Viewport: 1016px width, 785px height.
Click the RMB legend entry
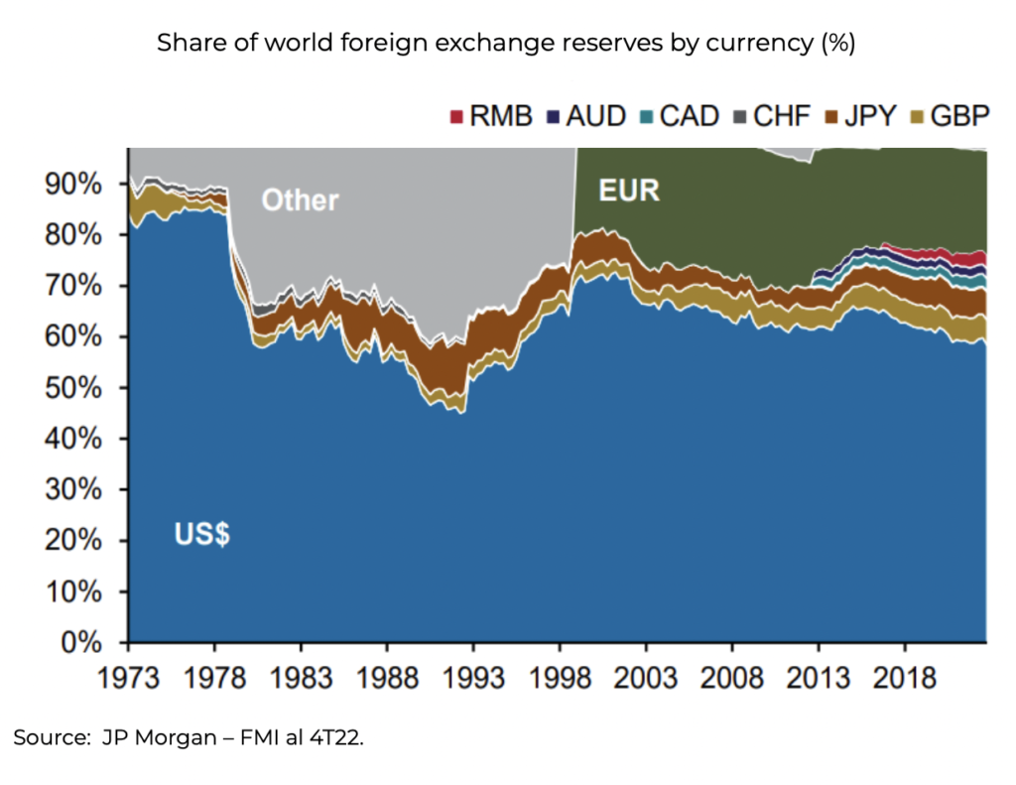pos(491,116)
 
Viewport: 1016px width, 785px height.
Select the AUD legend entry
pos(585,116)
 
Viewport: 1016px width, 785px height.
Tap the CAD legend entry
pos(678,116)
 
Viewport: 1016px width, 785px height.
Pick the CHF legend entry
pos(772,116)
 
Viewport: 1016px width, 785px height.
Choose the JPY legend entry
pos(862,116)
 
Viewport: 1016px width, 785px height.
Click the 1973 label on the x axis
pos(129,679)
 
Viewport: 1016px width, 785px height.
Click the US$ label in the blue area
pos(202,535)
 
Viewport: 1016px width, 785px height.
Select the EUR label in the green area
pos(629,190)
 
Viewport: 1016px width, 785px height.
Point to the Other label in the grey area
pos(300,200)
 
